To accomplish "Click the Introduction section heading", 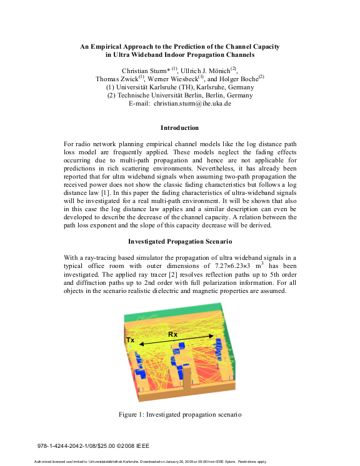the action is tap(179, 127).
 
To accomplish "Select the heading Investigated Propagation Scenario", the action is tap(179, 240).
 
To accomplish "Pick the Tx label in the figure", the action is tap(131, 340).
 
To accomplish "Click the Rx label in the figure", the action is tap(172, 335).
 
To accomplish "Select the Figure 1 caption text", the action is tap(180, 414).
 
